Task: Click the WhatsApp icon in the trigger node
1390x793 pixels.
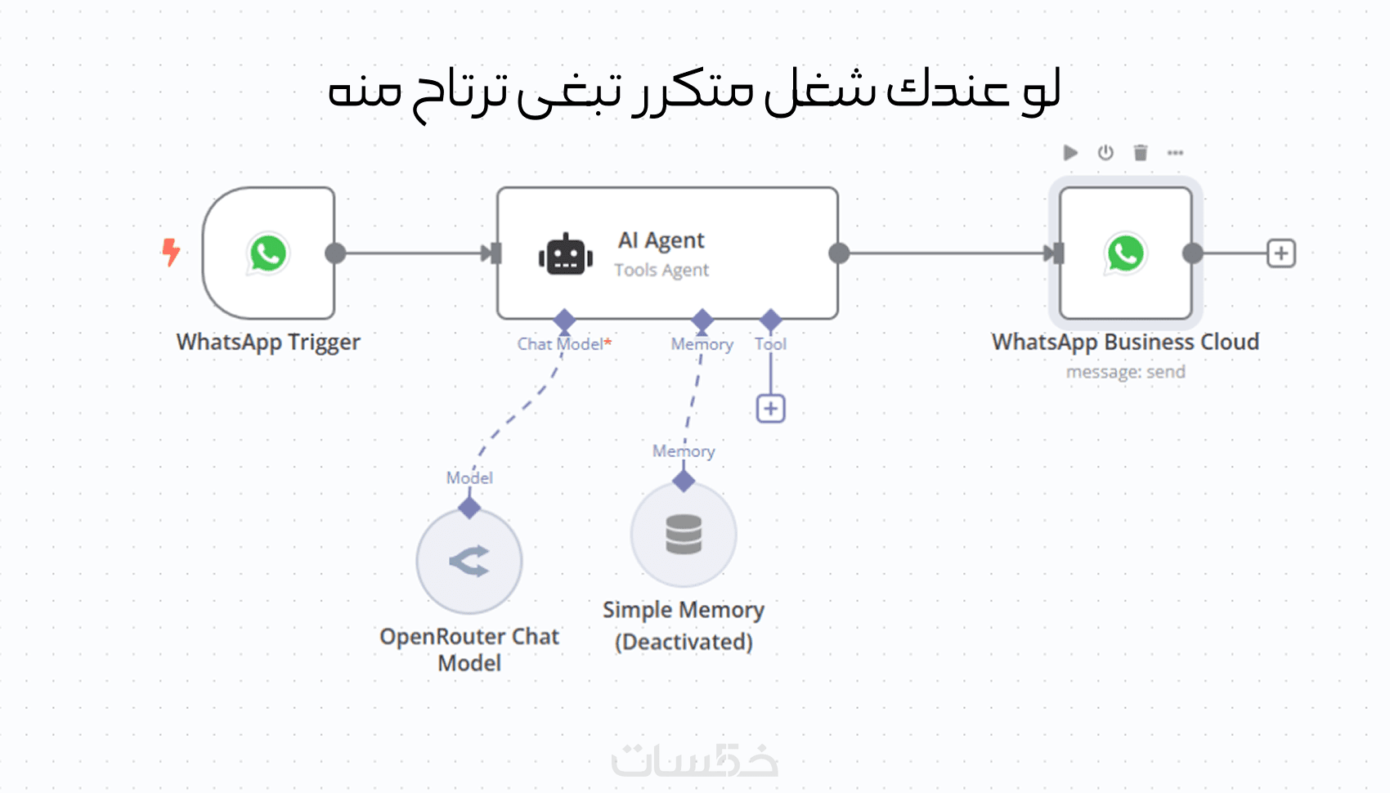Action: click(x=268, y=253)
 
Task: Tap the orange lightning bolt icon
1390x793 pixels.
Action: click(x=171, y=252)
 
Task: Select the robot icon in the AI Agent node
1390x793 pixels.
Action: click(x=565, y=255)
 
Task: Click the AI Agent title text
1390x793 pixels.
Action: click(x=661, y=240)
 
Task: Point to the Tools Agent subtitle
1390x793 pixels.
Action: click(x=661, y=270)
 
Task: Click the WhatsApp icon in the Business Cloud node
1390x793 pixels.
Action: click(x=1125, y=253)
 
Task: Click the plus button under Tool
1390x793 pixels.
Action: click(x=770, y=409)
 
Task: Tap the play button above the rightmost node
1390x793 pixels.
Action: click(x=1070, y=153)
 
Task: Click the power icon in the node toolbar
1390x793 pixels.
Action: click(x=1105, y=153)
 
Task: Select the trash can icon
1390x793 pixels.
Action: click(x=1141, y=153)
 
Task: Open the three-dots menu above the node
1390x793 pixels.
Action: click(x=1175, y=153)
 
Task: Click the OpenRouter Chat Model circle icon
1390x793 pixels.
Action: click(x=469, y=562)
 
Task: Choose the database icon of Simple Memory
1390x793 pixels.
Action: click(x=684, y=535)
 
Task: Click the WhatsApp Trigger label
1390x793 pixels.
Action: click(x=268, y=342)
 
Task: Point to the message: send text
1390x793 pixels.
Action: click(x=1125, y=372)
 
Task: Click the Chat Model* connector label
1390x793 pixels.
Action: click(x=564, y=344)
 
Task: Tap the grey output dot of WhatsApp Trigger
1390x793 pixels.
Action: click(x=335, y=253)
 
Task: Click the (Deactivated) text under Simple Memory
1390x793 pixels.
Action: click(x=684, y=642)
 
